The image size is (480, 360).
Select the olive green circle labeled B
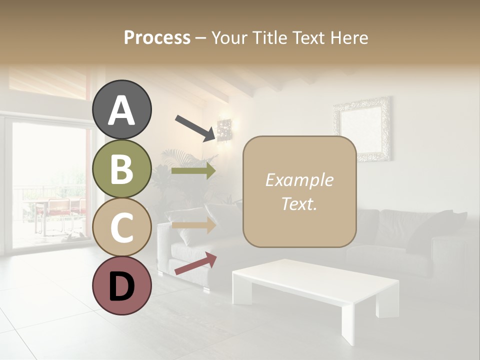122,169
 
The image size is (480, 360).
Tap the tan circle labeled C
122,227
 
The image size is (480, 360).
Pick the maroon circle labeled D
122,285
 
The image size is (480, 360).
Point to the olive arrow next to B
193,171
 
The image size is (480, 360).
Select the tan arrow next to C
193,225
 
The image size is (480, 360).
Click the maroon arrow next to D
195,263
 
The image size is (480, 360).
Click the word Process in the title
157,37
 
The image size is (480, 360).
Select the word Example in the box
299,180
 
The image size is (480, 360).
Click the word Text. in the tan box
299,204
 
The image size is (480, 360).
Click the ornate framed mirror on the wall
362,128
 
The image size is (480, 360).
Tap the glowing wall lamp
225,130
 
